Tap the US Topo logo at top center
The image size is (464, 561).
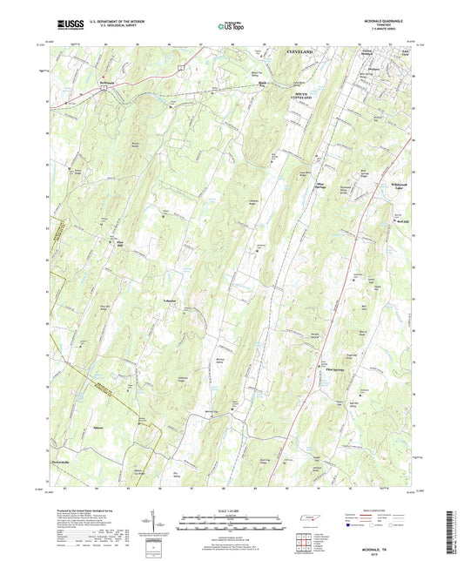click(231, 27)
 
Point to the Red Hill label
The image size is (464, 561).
click(401, 221)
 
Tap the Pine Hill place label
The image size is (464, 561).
click(111, 244)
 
